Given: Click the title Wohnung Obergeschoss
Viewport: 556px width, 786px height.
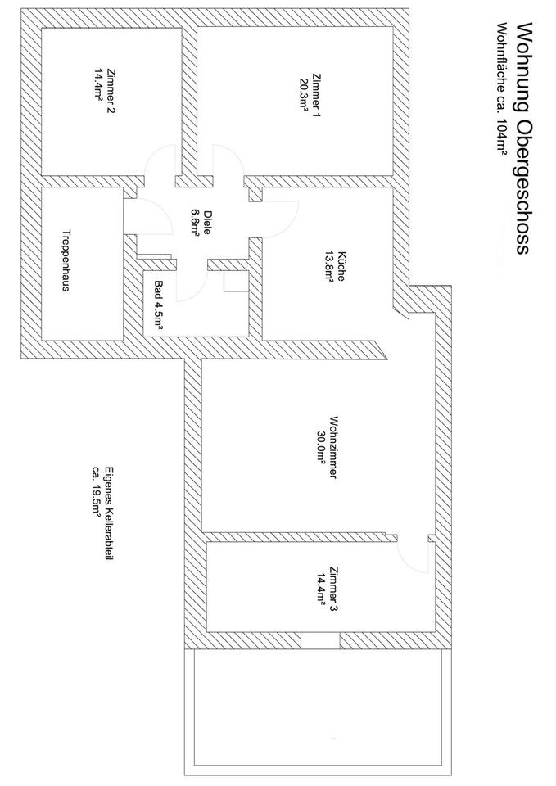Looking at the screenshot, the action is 522,138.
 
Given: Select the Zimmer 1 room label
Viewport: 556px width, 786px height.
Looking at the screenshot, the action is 316,96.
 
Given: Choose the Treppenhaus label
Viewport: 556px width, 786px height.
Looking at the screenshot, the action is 66,260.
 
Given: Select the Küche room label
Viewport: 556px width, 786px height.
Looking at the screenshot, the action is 341,265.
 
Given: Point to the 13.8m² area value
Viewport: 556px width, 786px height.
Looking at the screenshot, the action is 329,265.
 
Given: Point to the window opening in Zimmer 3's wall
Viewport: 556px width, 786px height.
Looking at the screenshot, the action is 320,640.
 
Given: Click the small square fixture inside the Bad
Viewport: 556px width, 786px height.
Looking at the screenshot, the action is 236,281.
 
